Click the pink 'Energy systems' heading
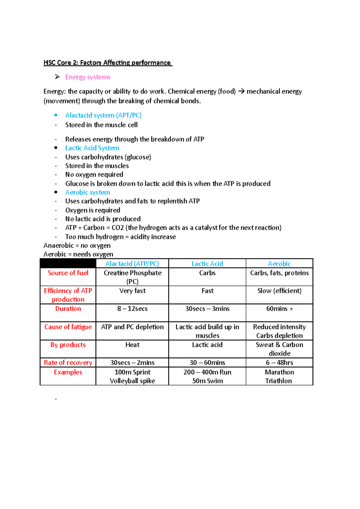coord(88,77)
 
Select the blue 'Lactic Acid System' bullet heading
coord(92,148)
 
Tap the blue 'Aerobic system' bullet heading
coord(88,192)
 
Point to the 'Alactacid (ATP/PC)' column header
coord(132,264)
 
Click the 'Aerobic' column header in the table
coord(279,264)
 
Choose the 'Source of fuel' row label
coord(68,273)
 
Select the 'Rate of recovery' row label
coord(68,363)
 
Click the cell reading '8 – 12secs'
coord(132,309)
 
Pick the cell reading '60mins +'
coord(279,309)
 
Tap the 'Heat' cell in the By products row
coord(132,345)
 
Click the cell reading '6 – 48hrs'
coord(279,363)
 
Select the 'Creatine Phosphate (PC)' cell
coord(132,277)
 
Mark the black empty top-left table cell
coord(68,264)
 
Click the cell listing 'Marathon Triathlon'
coord(279,377)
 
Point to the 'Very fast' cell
coord(132,291)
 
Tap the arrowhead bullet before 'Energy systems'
coord(57,77)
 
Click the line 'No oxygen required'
coord(94,175)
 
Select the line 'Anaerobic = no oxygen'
coord(77,246)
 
